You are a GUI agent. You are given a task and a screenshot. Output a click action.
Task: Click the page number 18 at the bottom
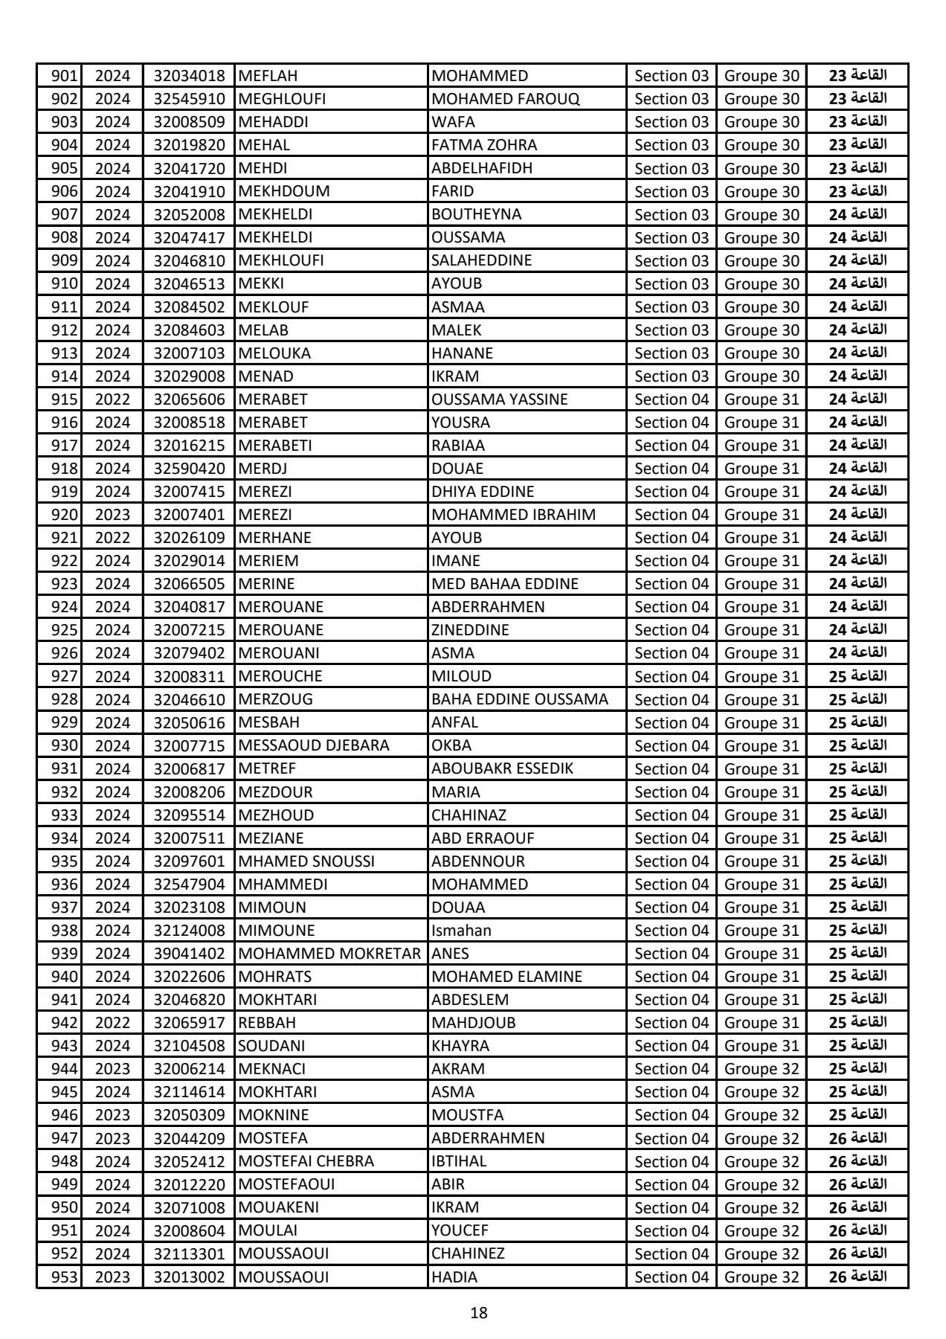point(479,1312)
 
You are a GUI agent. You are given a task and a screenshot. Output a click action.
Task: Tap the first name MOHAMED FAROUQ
point(505,99)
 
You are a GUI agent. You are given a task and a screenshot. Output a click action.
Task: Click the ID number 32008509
point(189,122)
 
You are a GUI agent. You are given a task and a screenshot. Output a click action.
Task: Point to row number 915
point(65,399)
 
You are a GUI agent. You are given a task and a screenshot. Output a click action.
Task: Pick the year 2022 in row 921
point(113,538)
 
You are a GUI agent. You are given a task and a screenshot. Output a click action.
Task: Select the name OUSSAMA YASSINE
point(499,399)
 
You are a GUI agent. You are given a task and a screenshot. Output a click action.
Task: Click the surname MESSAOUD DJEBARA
point(313,745)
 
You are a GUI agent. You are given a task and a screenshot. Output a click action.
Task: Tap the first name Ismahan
point(461,931)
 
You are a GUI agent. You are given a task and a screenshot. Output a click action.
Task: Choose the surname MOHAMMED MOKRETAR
point(329,954)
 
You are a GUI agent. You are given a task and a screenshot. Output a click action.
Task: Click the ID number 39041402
point(189,954)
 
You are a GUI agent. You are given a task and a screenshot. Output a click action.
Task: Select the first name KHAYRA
point(460,1046)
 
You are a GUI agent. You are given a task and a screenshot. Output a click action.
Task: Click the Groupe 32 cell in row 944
point(762,1069)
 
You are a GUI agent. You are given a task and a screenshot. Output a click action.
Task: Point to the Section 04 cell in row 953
point(672,1277)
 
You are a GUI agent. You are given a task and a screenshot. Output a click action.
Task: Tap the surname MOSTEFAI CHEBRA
point(306,1161)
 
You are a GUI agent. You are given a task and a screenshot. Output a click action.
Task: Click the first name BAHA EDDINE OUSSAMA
point(520,699)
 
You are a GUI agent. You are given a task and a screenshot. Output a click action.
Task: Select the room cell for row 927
point(857,676)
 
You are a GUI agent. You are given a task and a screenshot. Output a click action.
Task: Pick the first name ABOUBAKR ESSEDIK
point(502,768)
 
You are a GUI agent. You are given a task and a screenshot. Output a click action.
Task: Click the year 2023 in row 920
point(113,515)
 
